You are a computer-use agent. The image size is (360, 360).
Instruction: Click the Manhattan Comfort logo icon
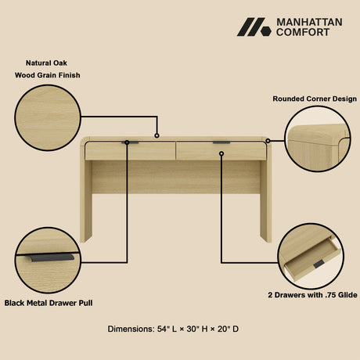point(254,27)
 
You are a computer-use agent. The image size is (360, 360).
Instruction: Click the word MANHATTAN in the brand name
point(306,23)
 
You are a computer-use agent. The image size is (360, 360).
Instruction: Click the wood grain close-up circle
point(46,117)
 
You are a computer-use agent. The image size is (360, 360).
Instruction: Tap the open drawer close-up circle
point(311,255)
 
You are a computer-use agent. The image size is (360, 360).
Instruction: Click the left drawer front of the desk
point(130,150)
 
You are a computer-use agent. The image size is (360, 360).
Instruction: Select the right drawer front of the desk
point(221,150)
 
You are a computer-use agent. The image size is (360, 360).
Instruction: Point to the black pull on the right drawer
point(221,142)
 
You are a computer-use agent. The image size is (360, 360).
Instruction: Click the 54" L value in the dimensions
point(170,329)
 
